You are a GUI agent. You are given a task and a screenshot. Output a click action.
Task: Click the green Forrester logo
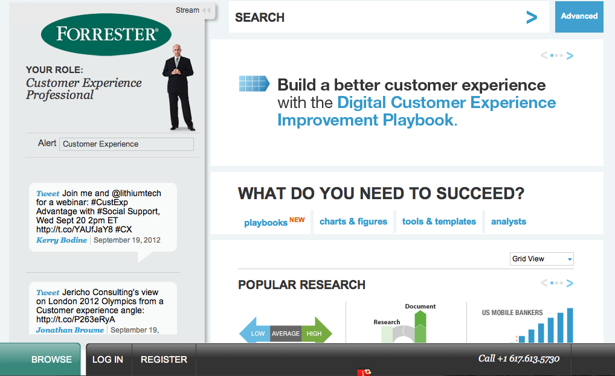[x=106, y=34]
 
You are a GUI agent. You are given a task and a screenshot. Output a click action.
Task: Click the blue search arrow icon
[x=532, y=18]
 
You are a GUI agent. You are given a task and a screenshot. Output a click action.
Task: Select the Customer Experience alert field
[x=126, y=144]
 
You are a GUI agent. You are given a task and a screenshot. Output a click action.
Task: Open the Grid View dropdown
[x=542, y=259]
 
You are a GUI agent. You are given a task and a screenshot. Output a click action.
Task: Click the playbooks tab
[x=266, y=223]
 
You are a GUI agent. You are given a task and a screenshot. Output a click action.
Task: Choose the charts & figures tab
[x=353, y=221]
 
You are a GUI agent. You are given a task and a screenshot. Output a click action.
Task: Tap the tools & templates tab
[x=439, y=221]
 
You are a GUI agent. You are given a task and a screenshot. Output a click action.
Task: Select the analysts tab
[x=509, y=221]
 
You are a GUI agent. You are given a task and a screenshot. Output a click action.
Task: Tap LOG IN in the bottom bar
[x=108, y=360]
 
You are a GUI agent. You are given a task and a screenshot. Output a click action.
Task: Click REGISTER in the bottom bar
[x=164, y=360]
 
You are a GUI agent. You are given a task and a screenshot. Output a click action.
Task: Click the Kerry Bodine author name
[x=62, y=240]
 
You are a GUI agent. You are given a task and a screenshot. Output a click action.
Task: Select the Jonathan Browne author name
[x=70, y=330]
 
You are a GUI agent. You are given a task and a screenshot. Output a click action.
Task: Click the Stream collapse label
[x=187, y=10]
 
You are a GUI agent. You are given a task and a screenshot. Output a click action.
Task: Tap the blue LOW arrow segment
[x=255, y=333]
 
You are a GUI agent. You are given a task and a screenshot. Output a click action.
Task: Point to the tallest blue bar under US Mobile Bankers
[x=570, y=325]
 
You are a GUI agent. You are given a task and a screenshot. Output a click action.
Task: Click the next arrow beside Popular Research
[x=570, y=283]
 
